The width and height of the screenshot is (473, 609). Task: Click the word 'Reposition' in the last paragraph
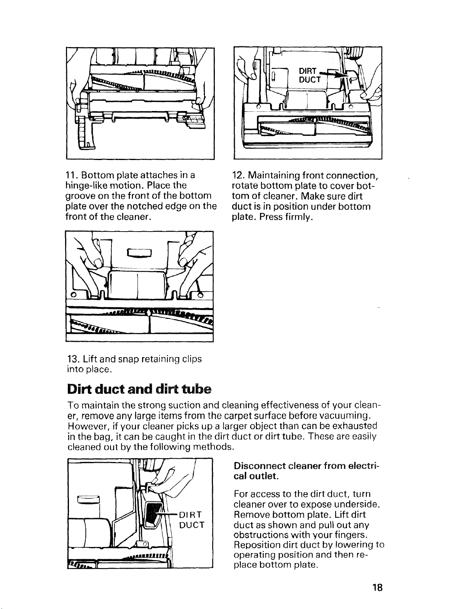254,544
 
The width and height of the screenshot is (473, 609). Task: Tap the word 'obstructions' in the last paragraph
257,534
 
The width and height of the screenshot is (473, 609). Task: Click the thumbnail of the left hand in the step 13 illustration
98,264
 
